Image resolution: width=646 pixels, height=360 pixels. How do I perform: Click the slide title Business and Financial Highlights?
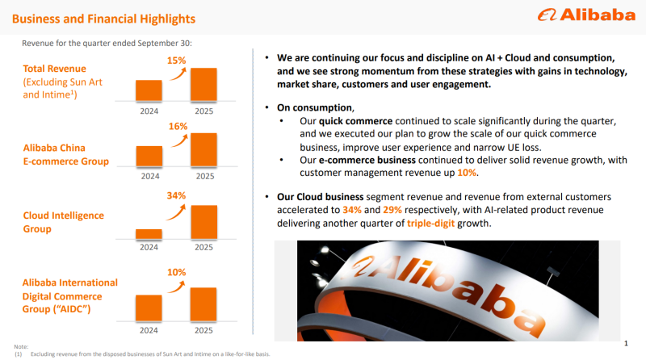103,18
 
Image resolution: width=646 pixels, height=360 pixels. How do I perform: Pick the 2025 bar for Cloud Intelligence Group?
204,222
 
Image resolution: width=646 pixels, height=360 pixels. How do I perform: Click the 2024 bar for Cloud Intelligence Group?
150,234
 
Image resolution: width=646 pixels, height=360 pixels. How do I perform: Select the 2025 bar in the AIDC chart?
204,304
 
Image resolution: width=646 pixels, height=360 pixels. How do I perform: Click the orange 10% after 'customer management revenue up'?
468,173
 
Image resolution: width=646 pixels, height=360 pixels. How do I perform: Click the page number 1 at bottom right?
626,341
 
